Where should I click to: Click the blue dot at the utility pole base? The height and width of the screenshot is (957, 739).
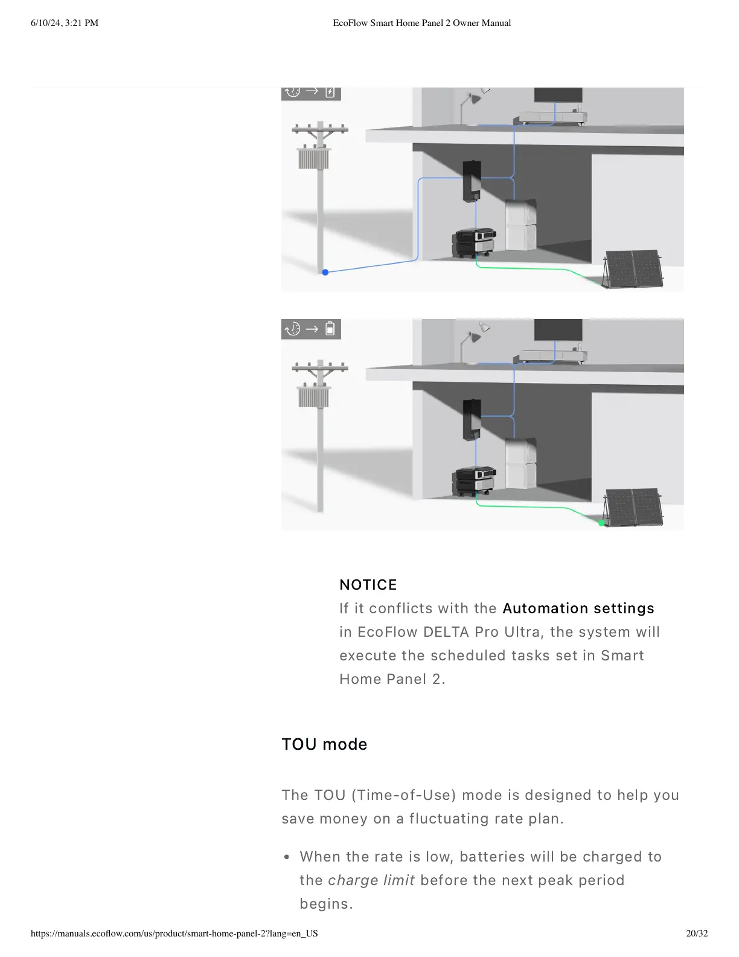[325, 272]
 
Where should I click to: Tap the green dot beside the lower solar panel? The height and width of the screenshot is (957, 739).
[601, 523]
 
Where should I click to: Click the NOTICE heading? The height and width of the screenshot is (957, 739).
[368, 585]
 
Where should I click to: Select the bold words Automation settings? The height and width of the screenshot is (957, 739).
[578, 608]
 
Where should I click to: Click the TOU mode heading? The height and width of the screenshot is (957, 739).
[324, 744]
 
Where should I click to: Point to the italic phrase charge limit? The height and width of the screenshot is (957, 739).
[371, 880]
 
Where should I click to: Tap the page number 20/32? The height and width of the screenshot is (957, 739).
[697, 933]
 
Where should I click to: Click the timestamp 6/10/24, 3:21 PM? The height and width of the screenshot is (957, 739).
[65, 23]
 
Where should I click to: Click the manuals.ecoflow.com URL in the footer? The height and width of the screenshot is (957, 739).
[174, 933]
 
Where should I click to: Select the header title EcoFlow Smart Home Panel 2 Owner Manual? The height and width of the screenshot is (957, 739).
[422, 23]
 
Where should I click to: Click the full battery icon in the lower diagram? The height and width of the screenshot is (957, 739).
[330, 329]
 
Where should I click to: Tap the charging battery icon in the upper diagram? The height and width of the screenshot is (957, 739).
[330, 92]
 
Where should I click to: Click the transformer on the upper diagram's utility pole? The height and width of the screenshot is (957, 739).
[314, 158]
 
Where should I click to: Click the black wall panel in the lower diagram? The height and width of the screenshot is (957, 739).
[472, 419]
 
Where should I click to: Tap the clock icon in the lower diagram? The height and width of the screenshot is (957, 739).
[293, 329]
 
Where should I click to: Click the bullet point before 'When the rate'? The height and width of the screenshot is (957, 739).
[287, 857]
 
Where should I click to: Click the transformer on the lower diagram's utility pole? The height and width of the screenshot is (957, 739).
[314, 397]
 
